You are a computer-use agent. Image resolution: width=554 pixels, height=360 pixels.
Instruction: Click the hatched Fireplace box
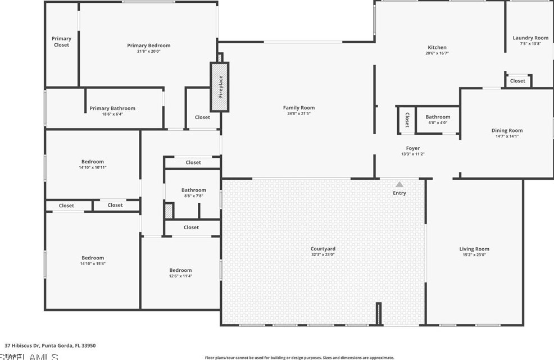pos(220,86)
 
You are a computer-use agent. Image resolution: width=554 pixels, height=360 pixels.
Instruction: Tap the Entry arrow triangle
pos(399,184)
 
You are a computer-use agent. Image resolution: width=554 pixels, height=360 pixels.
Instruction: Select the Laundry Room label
pos(530,38)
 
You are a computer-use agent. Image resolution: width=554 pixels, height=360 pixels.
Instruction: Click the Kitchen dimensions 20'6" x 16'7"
pos(437,53)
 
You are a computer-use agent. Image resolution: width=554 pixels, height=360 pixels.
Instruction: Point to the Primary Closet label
pos(62,42)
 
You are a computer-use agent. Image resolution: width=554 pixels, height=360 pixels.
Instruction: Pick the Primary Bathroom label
pos(112,108)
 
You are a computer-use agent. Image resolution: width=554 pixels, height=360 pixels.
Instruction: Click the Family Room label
pos(299,107)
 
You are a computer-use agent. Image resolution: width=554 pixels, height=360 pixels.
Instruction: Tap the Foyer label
pos(413,148)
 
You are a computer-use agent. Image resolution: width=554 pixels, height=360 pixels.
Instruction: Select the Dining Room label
pos(507,130)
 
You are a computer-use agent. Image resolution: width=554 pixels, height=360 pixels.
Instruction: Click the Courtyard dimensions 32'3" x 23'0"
pos(323,254)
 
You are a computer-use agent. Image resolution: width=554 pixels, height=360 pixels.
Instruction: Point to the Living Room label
pos(474,249)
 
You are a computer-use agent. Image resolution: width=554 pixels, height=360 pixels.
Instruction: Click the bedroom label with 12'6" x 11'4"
pos(181,270)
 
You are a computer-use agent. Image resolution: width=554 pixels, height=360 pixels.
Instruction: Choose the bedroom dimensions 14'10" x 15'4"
pos(93,263)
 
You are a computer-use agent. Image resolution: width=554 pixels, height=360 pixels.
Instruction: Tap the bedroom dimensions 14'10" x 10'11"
pos(93,167)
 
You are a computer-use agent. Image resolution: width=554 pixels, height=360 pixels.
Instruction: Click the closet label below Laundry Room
pos(517,81)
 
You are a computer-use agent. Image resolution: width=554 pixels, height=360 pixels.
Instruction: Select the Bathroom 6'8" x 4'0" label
pos(438,117)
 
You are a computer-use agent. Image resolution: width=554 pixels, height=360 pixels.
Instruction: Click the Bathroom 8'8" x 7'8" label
pos(193,190)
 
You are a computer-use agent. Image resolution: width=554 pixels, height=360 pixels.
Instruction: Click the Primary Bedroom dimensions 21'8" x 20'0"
pos(148,51)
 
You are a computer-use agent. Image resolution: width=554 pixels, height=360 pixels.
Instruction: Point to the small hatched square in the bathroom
pos(169,211)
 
